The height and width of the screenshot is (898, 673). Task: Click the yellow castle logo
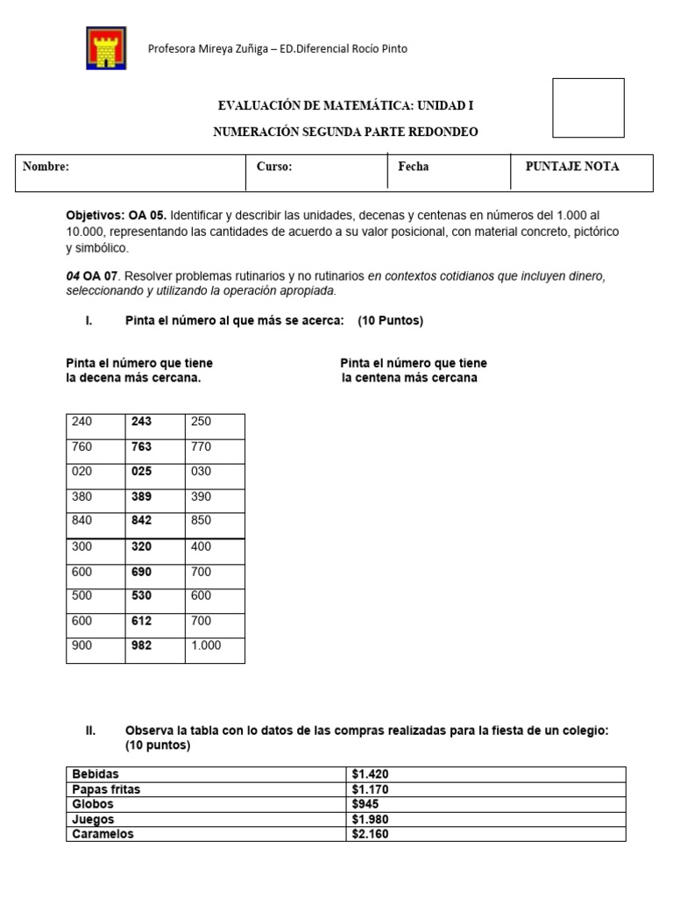(106, 48)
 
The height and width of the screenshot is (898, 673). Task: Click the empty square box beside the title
(588, 108)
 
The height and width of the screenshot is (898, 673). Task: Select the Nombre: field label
(46, 167)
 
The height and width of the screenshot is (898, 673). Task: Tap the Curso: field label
(274, 167)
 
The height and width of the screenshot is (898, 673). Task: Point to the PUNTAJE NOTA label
(571, 167)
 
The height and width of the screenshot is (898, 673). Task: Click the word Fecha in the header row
(414, 167)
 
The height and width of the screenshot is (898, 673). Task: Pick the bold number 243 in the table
(141, 422)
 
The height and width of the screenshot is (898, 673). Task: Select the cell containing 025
(141, 471)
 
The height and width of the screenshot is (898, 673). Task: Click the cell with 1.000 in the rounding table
(206, 645)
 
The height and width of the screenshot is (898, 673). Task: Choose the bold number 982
(141, 645)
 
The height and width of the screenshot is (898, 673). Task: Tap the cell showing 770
(201, 446)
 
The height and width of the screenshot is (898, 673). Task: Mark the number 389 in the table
(141, 495)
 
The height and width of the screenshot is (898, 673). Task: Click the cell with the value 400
(201, 546)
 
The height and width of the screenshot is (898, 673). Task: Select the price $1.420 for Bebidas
(369, 774)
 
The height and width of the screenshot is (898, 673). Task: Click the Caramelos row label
(103, 834)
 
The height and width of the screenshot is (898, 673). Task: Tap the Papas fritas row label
(106, 789)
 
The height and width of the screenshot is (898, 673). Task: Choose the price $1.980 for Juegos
(369, 819)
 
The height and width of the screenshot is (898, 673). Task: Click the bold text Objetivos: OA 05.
(117, 215)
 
